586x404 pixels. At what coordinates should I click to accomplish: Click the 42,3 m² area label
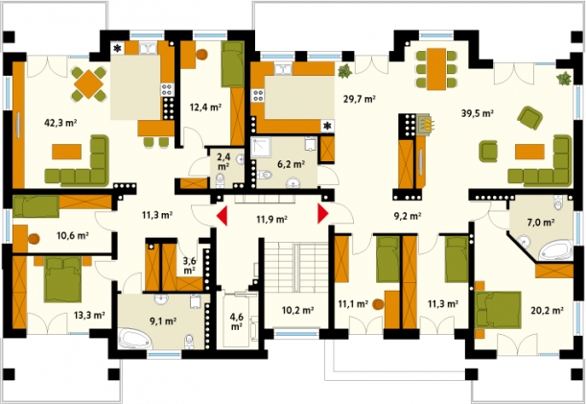click(60, 123)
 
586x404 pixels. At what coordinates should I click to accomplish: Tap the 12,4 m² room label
click(205, 107)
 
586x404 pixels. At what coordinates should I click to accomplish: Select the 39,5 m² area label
click(478, 113)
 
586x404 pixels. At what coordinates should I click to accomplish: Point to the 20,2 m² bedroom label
click(547, 310)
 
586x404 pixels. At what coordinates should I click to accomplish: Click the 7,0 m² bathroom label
click(540, 223)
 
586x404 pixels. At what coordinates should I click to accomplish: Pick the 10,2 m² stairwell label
click(297, 310)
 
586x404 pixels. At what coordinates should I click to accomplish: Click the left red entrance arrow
click(222, 216)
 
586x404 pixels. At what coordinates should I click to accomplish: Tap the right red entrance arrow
click(323, 214)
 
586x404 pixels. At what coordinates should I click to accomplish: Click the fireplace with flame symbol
click(425, 124)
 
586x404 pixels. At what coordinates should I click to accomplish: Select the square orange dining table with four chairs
click(89, 83)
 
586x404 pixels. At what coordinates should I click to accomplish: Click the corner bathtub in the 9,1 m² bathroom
click(135, 338)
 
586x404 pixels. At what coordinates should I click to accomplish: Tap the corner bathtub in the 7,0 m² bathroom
click(555, 251)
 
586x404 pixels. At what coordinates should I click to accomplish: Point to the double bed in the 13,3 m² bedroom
click(62, 278)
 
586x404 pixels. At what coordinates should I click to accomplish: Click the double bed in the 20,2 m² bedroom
click(498, 309)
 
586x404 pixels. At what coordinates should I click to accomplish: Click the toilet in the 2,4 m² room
click(221, 180)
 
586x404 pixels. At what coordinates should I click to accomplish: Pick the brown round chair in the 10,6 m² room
click(34, 238)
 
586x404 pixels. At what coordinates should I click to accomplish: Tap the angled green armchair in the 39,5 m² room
click(530, 118)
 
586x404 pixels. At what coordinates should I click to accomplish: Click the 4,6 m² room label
click(236, 321)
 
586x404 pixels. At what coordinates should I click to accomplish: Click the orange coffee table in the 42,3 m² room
click(67, 151)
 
